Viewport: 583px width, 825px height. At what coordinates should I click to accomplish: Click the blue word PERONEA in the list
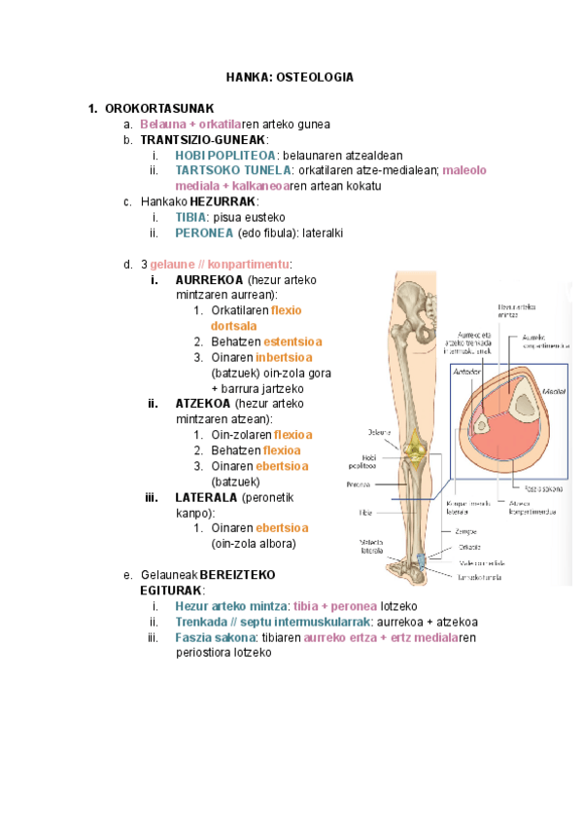coord(204,233)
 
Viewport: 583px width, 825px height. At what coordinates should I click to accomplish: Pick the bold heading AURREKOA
coord(209,280)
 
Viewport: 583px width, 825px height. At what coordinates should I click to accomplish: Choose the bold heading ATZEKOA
coord(203,404)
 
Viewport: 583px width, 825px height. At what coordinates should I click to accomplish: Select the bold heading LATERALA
coord(207,497)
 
